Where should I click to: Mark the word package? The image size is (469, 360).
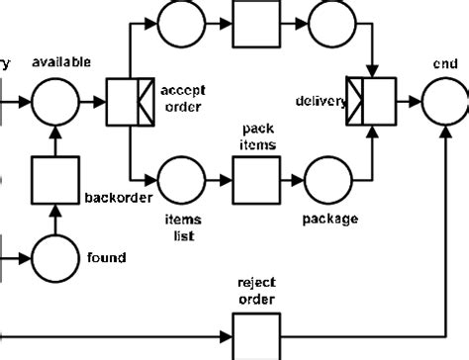click(330, 220)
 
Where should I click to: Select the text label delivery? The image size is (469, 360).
click(320, 101)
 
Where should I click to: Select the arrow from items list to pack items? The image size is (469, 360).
click(219, 180)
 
